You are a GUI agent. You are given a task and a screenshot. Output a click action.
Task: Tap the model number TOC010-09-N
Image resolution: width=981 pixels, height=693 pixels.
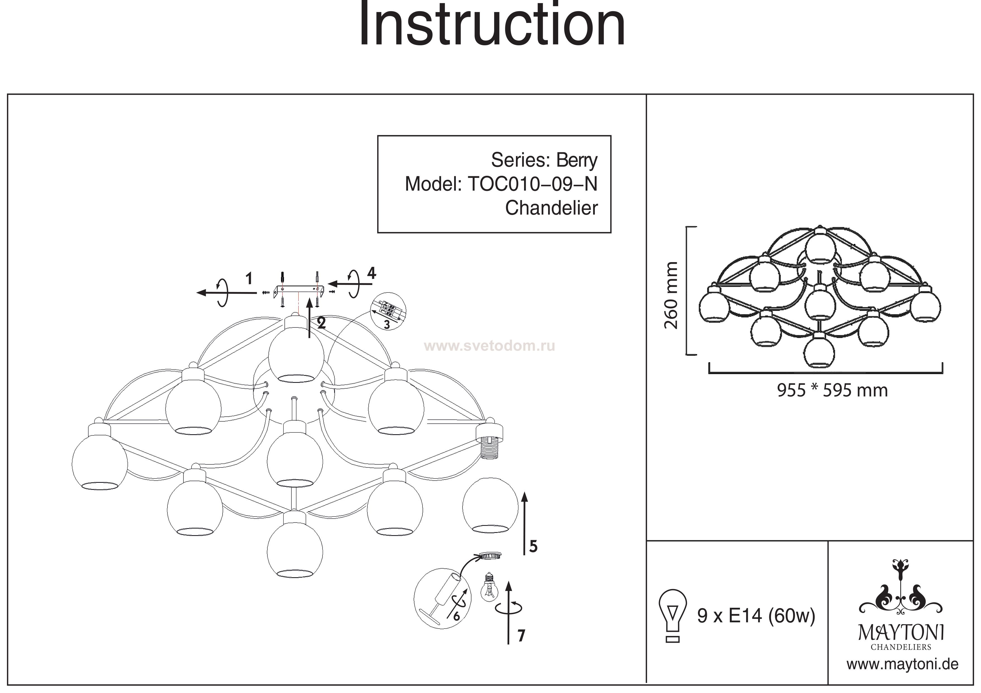[532, 184]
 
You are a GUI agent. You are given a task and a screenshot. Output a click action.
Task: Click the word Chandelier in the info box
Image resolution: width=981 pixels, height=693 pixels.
[551, 208]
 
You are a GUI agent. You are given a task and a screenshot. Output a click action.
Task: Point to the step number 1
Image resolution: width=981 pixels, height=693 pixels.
[249, 279]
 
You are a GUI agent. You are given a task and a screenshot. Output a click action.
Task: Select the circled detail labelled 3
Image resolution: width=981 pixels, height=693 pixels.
[388, 312]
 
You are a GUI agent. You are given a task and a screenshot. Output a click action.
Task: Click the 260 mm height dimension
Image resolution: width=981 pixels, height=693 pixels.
[671, 295]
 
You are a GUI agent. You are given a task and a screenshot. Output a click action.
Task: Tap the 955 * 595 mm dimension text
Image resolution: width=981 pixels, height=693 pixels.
[832, 390]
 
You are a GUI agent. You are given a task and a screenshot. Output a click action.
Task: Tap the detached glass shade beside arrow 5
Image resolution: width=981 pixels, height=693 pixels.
[490, 506]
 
